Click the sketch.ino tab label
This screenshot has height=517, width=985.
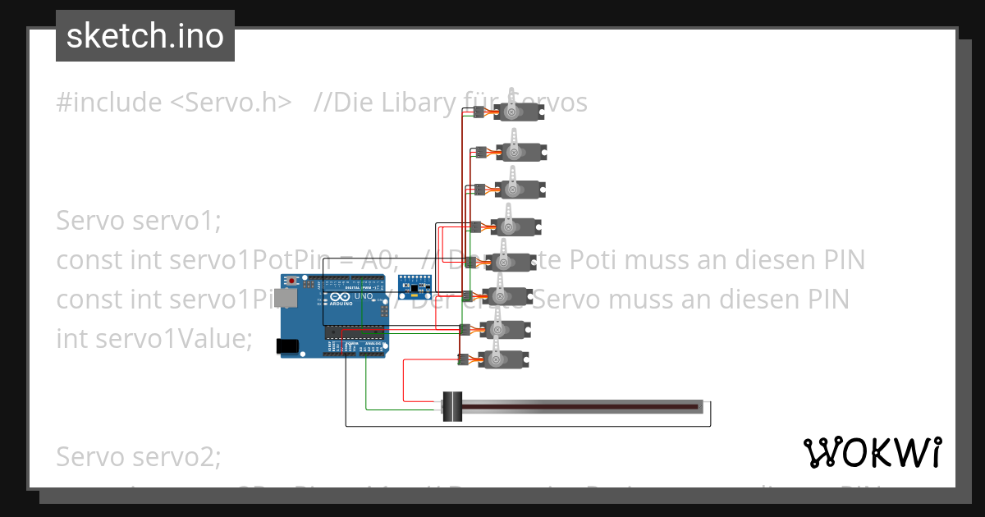click(145, 36)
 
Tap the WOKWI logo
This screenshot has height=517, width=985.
click(872, 452)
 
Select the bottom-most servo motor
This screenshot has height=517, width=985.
click(502, 359)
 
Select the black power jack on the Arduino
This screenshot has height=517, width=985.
click(288, 346)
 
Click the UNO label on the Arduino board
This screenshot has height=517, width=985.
click(364, 296)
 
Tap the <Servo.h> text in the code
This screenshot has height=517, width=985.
click(231, 103)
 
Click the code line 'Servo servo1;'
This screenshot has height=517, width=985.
click(139, 221)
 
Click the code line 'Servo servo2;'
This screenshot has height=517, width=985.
click(139, 455)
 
